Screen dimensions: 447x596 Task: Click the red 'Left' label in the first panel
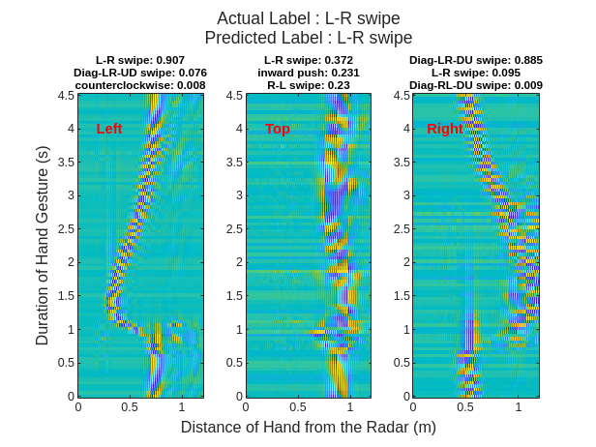(109, 129)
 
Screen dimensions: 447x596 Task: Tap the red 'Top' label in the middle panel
(278, 129)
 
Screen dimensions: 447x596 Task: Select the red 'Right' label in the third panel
(445, 129)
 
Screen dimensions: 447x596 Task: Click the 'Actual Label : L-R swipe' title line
(308, 18)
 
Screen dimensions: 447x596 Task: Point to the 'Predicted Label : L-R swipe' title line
(308, 38)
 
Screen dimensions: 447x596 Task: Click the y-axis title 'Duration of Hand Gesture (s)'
(42, 246)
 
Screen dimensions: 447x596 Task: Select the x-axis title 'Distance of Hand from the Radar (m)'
(308, 427)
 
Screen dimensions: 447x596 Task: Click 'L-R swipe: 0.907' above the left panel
(140, 60)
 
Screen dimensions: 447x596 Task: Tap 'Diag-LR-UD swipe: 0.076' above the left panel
(140, 73)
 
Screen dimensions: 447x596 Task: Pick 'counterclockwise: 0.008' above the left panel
(140, 85)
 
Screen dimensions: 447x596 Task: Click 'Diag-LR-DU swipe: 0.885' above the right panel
(475, 60)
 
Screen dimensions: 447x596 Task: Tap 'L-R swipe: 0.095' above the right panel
(475, 73)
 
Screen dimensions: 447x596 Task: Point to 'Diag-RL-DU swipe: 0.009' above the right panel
(475, 85)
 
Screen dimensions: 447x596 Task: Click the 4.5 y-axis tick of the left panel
(66, 96)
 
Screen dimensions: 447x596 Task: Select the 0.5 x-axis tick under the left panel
(130, 407)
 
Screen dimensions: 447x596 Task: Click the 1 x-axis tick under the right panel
(518, 407)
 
